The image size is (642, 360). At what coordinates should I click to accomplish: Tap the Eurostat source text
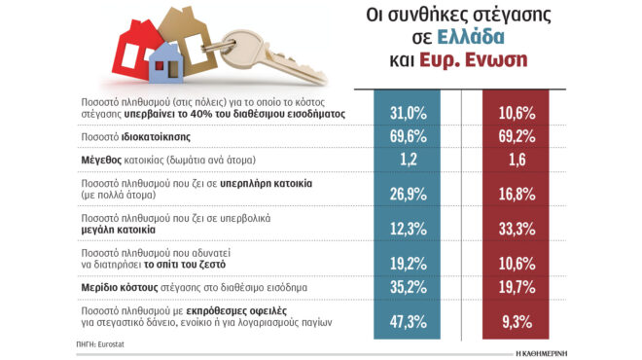click(x=109, y=344)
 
